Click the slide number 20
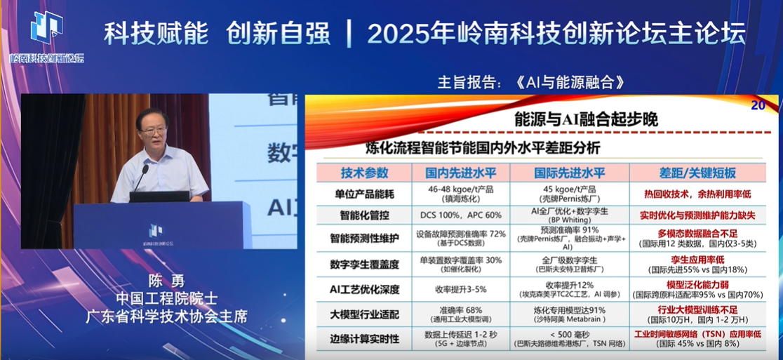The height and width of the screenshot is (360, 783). tap(758, 106)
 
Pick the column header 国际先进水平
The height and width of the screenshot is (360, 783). tap(570, 173)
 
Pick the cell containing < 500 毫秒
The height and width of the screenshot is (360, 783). tap(570, 334)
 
